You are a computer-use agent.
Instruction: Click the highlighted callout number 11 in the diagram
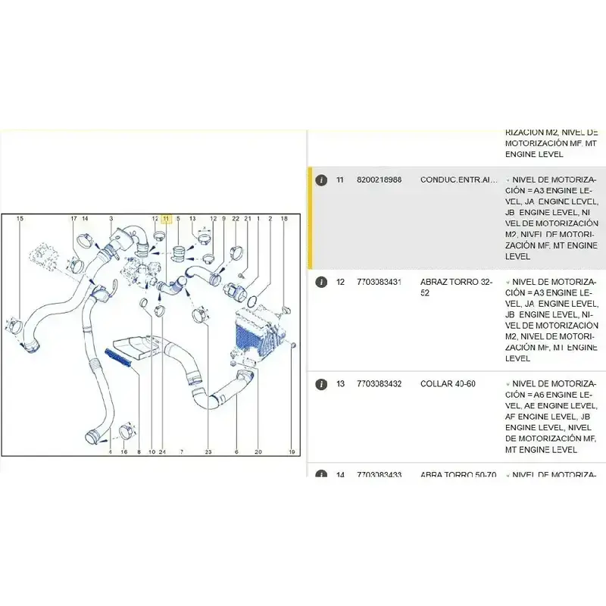coord(167,219)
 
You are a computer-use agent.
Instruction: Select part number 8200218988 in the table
coord(379,180)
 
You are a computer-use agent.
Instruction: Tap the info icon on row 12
coord(321,282)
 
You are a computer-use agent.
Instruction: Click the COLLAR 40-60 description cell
coord(448,384)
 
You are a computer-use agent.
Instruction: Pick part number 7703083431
coord(379,282)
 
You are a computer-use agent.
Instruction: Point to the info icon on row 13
coord(321,384)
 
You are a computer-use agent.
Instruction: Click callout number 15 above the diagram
coord(20,219)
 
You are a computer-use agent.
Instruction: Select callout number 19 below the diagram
coord(291,452)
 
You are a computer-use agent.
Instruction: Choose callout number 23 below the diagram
coord(208,452)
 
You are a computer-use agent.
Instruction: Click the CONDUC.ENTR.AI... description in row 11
coord(459,180)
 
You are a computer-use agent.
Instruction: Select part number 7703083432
coord(379,384)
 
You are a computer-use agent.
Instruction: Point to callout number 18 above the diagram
coord(284,219)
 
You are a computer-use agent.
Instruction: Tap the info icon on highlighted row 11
coord(321,180)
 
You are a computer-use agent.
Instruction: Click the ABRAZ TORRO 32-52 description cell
coord(456,286)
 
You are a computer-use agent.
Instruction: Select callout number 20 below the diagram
coord(258,452)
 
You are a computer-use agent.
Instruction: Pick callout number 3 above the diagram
coord(111,219)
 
